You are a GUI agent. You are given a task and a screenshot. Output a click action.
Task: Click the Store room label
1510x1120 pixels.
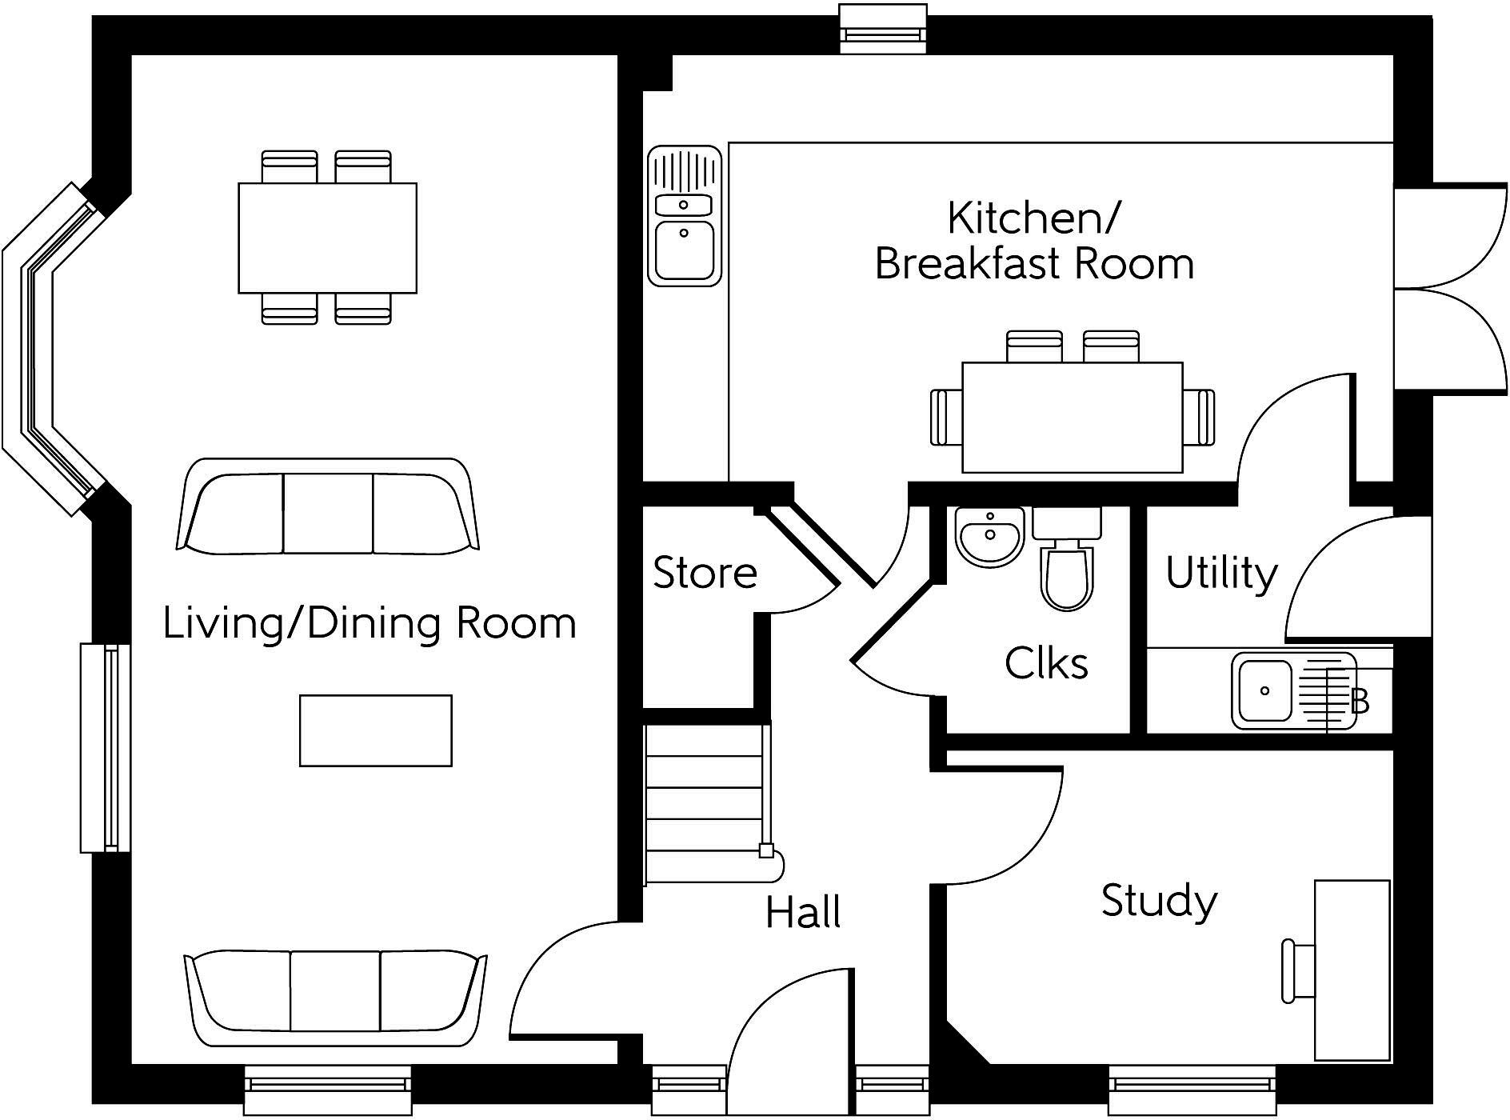(x=705, y=573)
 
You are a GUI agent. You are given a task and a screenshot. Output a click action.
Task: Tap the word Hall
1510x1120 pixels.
(x=803, y=913)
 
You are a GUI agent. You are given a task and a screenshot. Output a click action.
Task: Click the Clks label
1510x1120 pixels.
(x=1046, y=663)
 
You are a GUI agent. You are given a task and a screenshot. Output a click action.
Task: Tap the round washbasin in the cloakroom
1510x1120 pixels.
(x=989, y=537)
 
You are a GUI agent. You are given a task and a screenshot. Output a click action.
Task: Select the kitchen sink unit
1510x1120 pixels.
(x=685, y=216)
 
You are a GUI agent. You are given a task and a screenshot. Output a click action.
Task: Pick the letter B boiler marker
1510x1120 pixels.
(x=1360, y=702)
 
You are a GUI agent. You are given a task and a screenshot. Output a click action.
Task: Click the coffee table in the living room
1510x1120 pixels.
(x=376, y=730)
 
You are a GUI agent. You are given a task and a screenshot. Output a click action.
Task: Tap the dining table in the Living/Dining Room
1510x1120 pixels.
(x=327, y=238)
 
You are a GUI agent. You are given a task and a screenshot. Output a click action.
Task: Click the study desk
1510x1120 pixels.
(x=1352, y=970)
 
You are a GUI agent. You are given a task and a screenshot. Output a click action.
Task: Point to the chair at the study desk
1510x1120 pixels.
(x=1299, y=971)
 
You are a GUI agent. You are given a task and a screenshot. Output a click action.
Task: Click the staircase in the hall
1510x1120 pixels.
(x=708, y=803)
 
